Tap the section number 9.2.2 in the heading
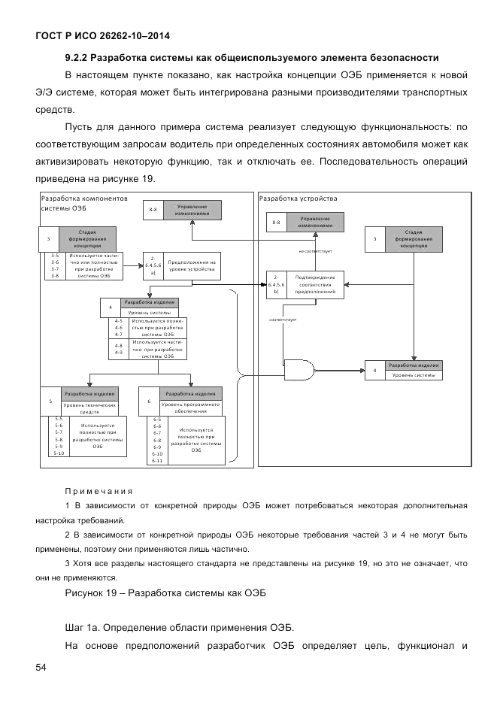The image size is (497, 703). (x=78, y=58)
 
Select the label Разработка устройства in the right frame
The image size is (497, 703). (x=298, y=198)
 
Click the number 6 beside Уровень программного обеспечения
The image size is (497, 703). (x=150, y=401)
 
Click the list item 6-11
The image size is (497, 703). (x=157, y=460)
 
